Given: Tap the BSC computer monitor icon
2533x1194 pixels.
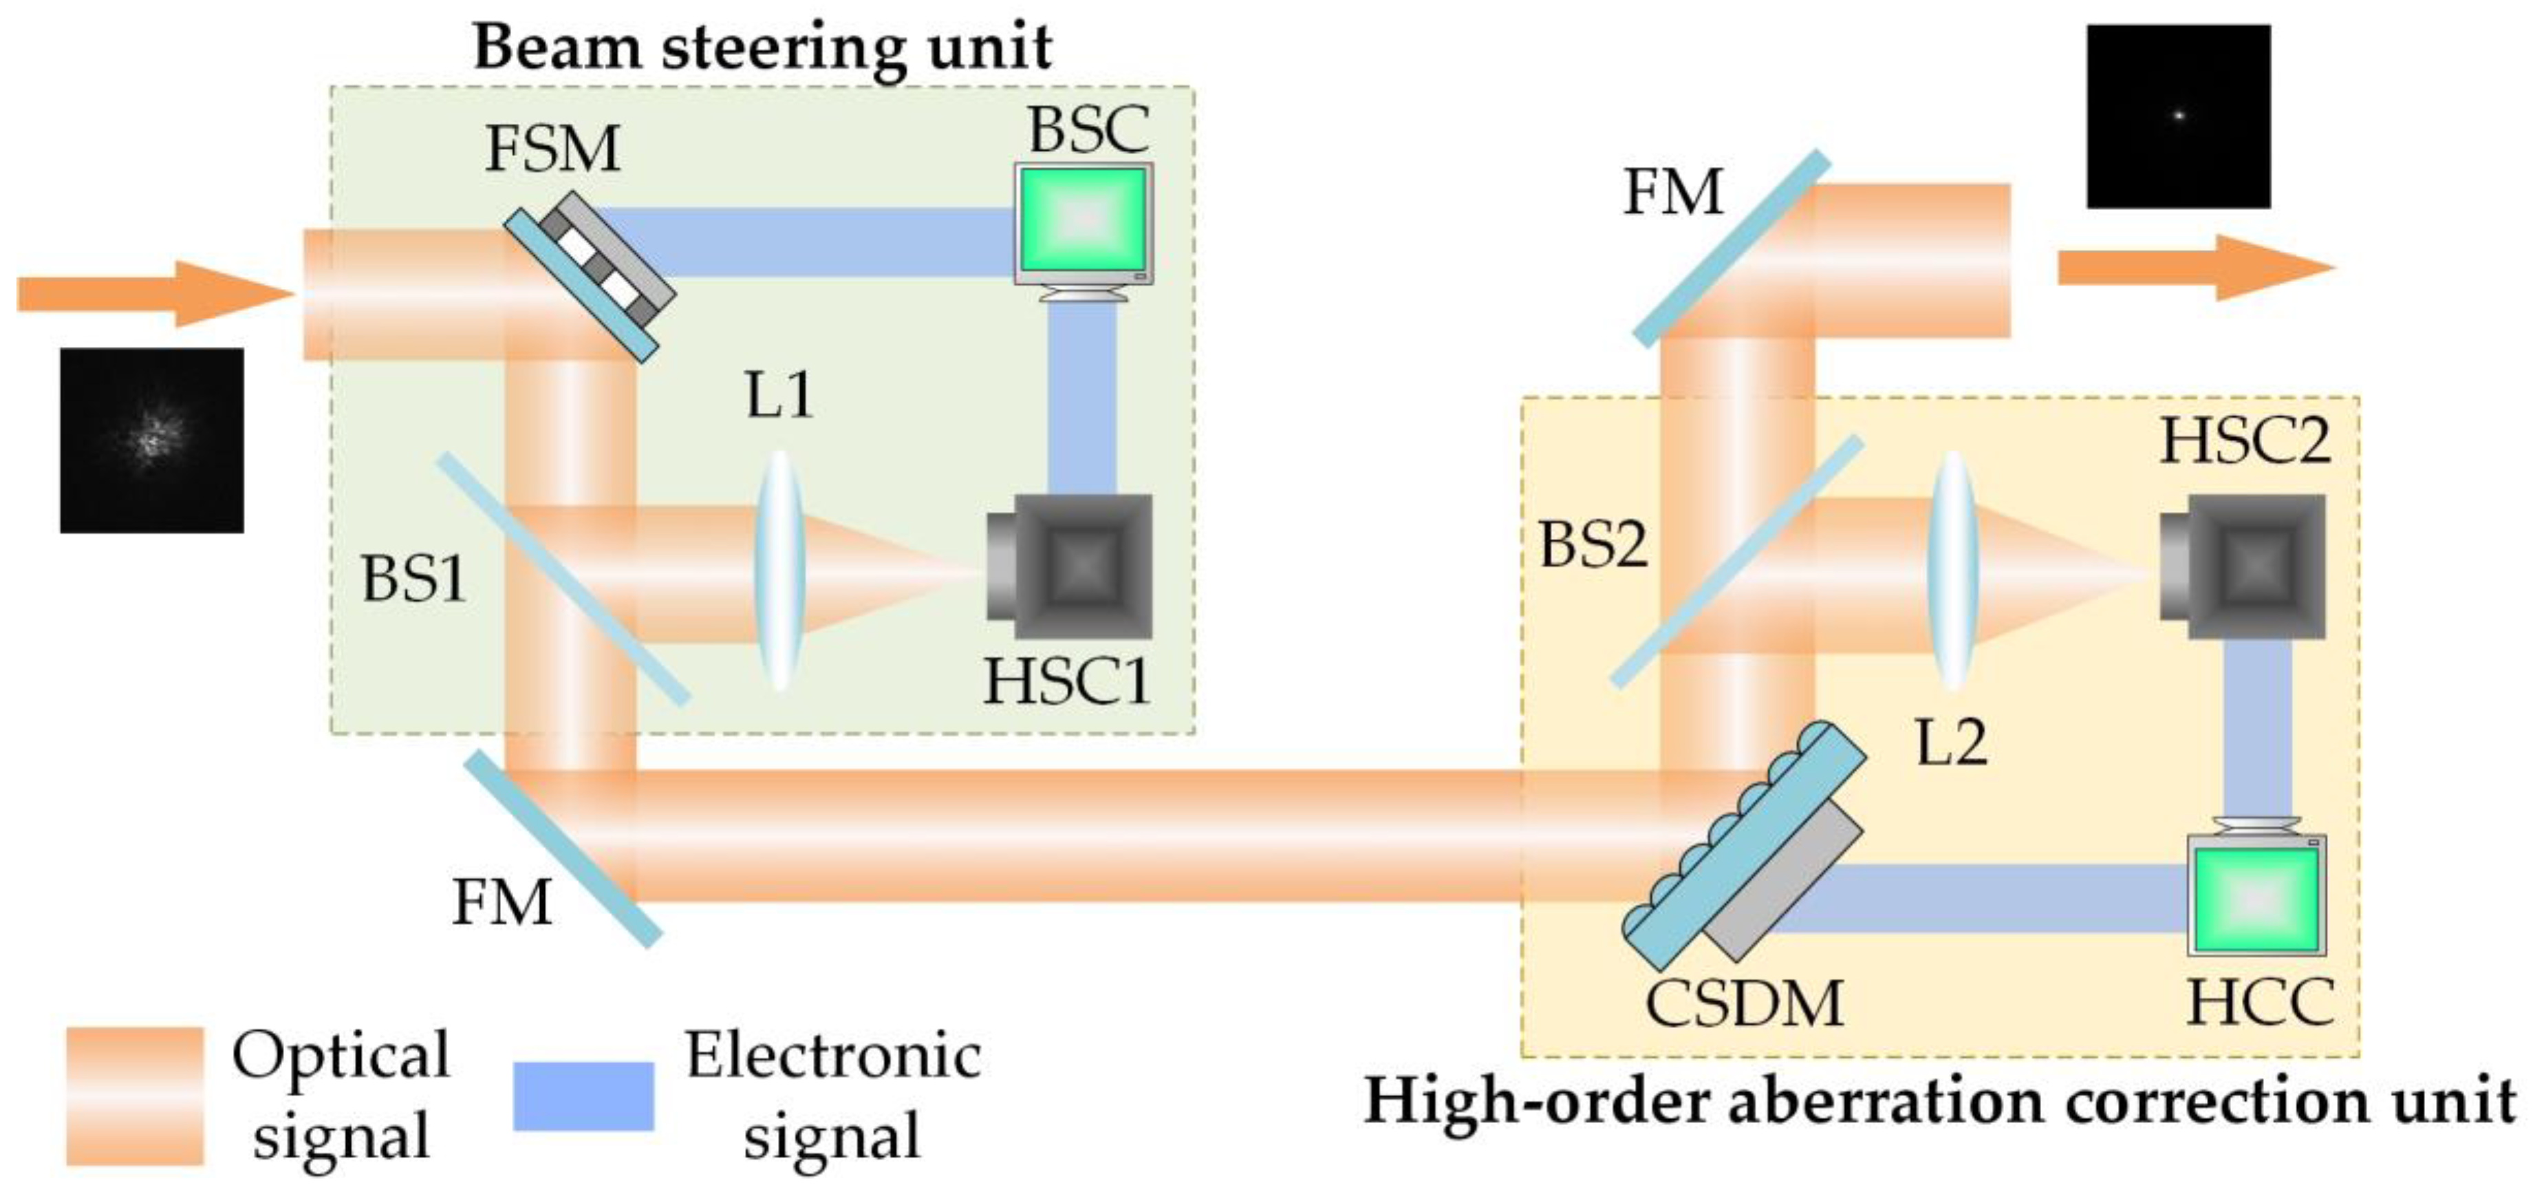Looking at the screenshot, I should click(x=1084, y=224).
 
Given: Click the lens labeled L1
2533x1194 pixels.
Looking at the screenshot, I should click(x=779, y=571).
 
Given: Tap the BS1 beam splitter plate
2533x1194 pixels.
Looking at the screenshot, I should click(x=563, y=578).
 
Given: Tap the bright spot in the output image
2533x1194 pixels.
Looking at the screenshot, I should click(x=2179, y=115).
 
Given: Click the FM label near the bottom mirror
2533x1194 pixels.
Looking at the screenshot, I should click(x=502, y=902).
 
